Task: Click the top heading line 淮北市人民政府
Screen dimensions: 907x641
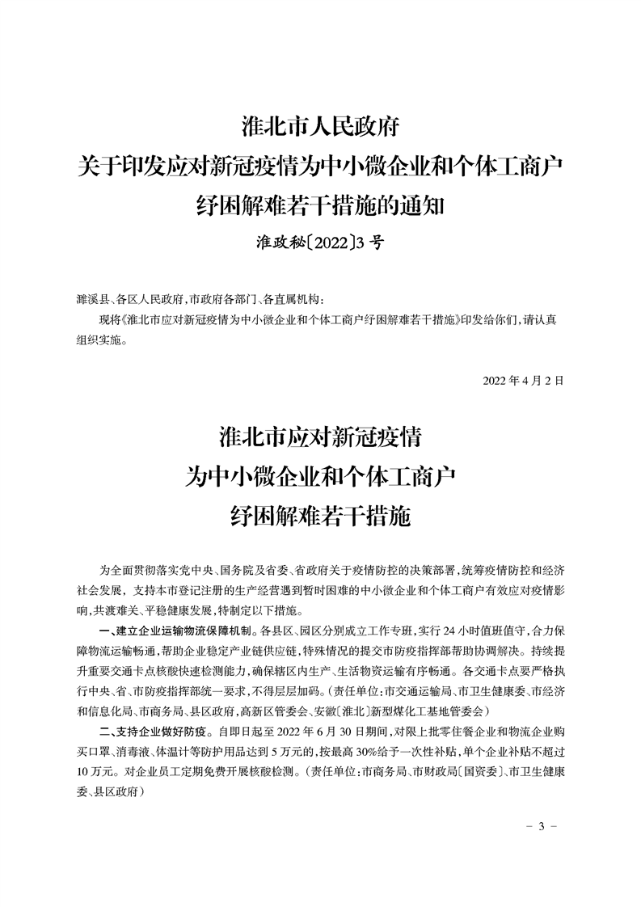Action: (x=321, y=127)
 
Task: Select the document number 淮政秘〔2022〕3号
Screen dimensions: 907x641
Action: (x=320, y=242)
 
